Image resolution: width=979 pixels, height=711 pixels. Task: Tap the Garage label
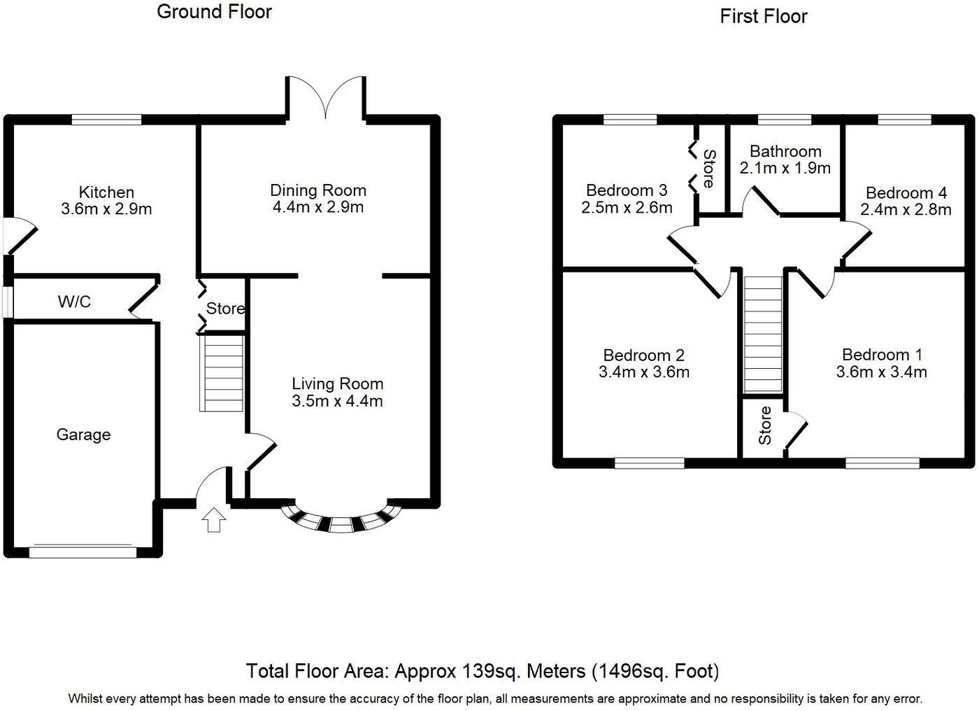83,435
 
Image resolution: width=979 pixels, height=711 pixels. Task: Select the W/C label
74,302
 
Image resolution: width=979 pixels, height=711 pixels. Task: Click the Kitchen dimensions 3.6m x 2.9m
106,209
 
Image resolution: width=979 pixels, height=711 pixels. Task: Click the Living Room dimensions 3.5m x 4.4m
337,401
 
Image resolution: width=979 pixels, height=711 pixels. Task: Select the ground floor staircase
222,373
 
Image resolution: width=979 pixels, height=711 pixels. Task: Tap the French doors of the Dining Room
325,98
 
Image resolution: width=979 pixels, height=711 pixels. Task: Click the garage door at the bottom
83,551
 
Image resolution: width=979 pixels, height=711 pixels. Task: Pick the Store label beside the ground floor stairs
225,309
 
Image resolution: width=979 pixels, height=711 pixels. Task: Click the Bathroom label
785,151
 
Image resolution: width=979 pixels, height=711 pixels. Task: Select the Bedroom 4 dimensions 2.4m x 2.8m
906,209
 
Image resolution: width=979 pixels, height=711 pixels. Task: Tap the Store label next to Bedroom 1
764,425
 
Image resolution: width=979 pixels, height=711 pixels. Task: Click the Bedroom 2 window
650,463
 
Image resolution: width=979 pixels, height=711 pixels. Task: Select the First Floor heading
764,16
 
